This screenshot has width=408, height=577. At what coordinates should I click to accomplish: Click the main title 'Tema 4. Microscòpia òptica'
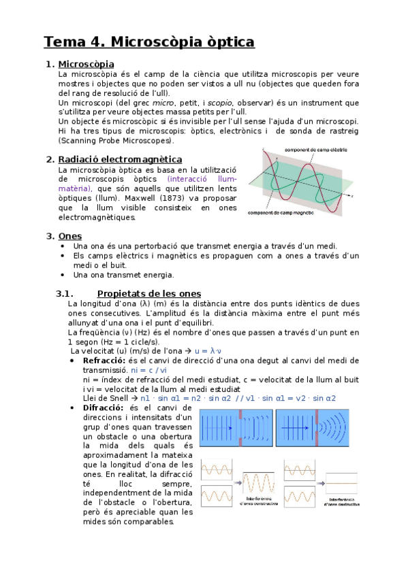pos(149,42)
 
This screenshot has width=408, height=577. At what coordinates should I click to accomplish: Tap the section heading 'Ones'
pos(70,236)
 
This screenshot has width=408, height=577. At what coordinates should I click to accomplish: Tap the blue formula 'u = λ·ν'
pos(213,350)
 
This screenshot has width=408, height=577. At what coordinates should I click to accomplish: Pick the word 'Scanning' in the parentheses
pos(80,141)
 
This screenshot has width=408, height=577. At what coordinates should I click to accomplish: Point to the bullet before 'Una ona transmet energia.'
pos(63,276)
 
